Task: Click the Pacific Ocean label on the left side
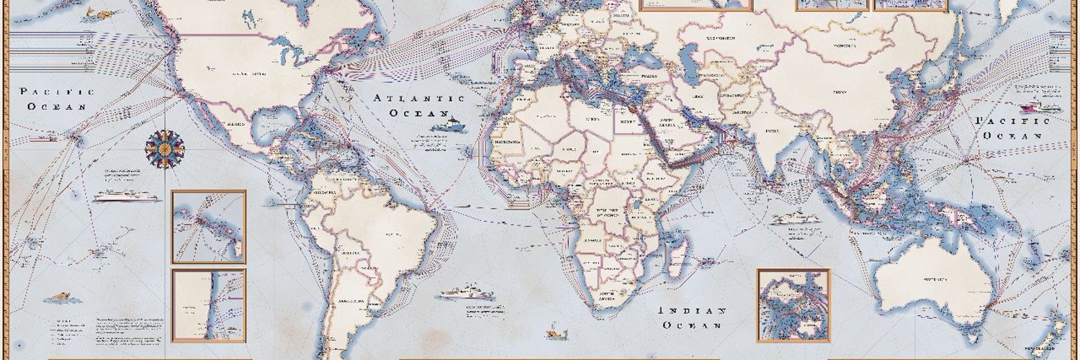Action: click(x=57, y=99)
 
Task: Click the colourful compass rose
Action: click(x=164, y=149)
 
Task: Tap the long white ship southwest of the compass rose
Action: click(x=124, y=195)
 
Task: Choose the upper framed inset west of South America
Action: click(x=208, y=227)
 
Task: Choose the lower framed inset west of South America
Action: click(x=208, y=305)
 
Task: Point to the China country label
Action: click(x=837, y=92)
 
